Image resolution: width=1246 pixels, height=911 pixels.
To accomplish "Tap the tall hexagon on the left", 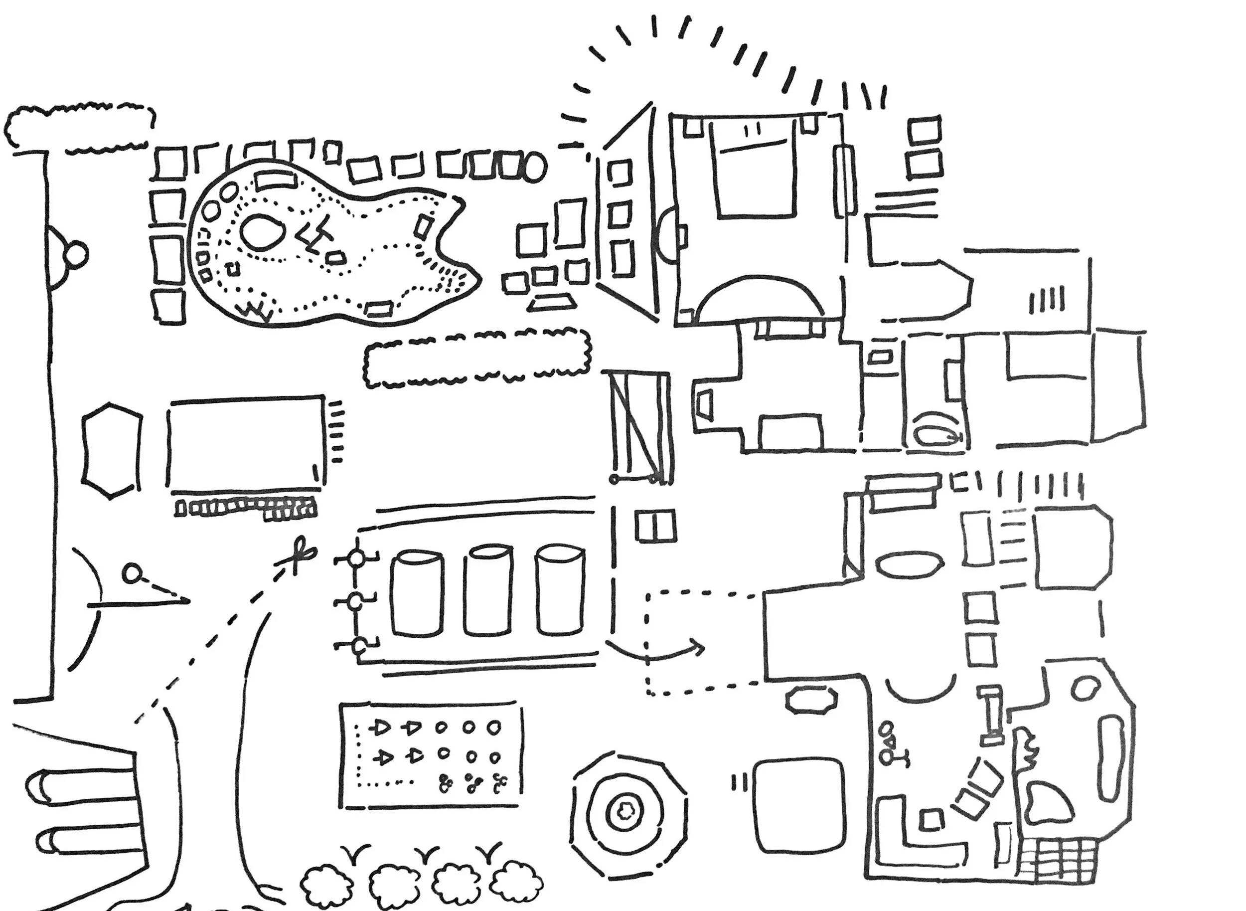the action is [x=111, y=451].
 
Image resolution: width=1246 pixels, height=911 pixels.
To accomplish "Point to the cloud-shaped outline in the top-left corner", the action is [x=80, y=127].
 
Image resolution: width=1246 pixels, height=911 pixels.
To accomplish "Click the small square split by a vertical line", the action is [x=655, y=526].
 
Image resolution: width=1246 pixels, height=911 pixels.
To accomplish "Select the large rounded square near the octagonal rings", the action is [x=798, y=806].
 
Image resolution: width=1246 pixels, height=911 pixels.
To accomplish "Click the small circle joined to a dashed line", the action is [x=131, y=573].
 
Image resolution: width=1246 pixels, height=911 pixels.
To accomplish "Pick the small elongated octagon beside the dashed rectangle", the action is [x=810, y=700].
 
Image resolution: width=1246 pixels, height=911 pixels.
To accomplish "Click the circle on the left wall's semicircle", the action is [x=77, y=254].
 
